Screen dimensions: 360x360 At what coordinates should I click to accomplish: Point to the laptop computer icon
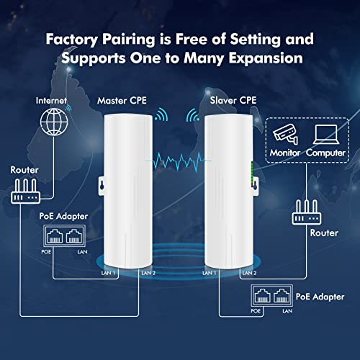point(326,132)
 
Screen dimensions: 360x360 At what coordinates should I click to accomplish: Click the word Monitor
point(284,153)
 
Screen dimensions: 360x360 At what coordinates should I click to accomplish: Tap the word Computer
point(326,153)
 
